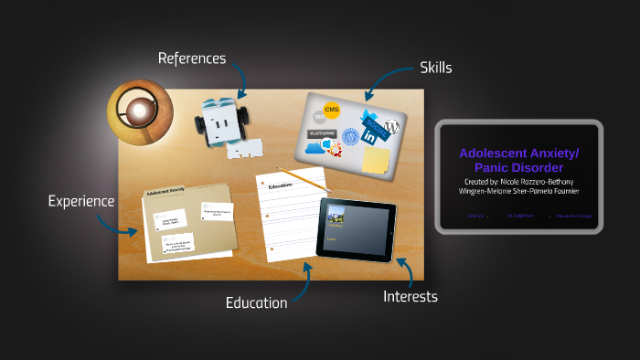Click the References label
(191, 58)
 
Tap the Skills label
(436, 68)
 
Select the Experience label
(81, 201)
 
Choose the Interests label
(410, 296)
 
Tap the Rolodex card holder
(219, 123)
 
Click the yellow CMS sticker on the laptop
(332, 111)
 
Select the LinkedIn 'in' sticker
(371, 136)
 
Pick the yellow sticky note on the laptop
(375, 160)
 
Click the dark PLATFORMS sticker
(321, 133)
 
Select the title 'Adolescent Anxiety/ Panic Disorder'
(518, 161)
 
